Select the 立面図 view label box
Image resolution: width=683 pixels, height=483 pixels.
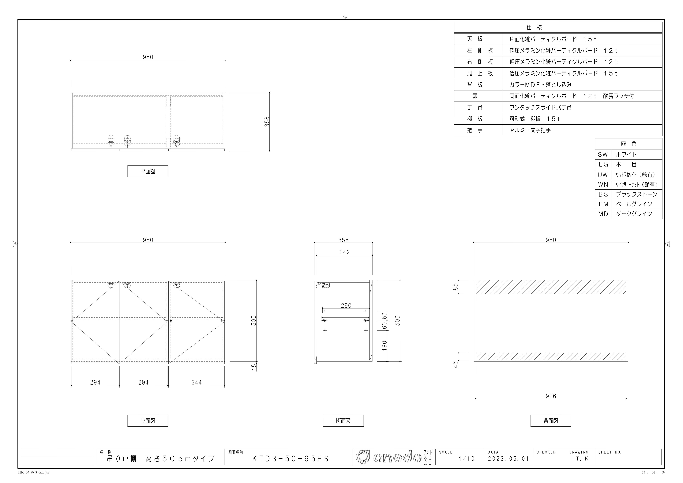(148, 421)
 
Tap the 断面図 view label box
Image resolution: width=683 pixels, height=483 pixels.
(343, 421)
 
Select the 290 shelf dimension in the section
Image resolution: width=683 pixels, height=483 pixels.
(346, 306)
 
